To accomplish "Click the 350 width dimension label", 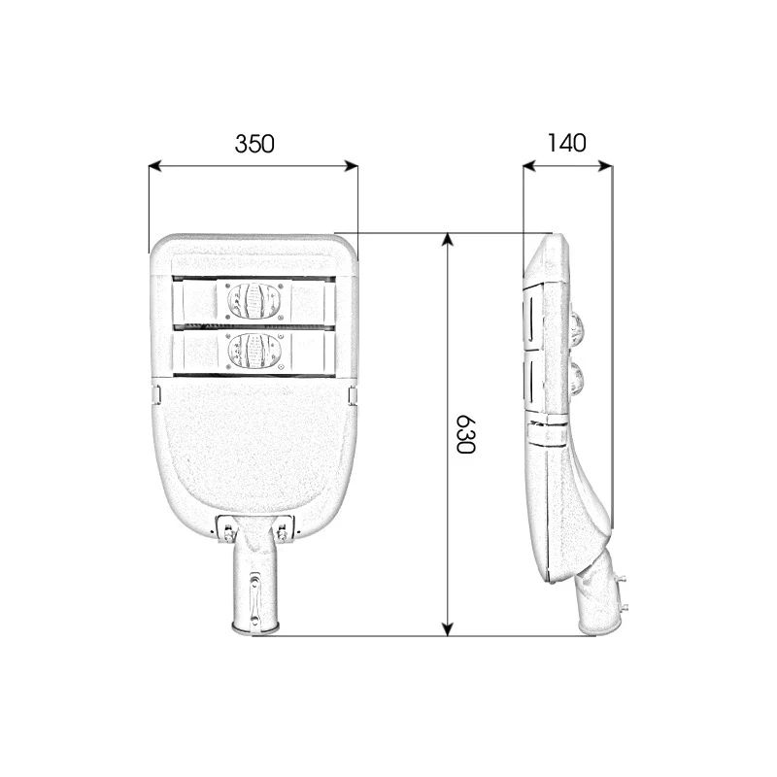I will point(254,145).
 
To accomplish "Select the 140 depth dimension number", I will point(566,144).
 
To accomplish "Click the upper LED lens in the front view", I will point(253,301).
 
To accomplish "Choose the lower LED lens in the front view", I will point(253,351).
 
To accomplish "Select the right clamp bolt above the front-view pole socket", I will point(283,530).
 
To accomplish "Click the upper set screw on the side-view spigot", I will point(623,580).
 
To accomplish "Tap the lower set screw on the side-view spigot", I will point(624,609).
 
